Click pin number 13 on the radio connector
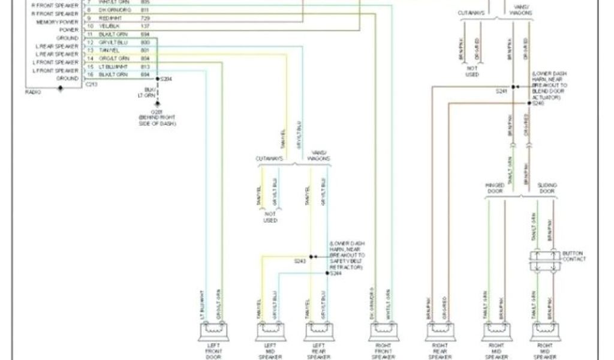coord(91,50)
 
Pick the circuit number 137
coord(145,27)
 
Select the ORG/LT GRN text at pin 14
coord(115,59)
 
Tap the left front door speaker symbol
coord(214,330)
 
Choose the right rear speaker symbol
coord(440,330)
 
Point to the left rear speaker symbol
coord(318,330)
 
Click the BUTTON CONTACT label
coord(574,256)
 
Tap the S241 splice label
coord(501,92)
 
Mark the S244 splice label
coord(336,274)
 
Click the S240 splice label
coord(537,103)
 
